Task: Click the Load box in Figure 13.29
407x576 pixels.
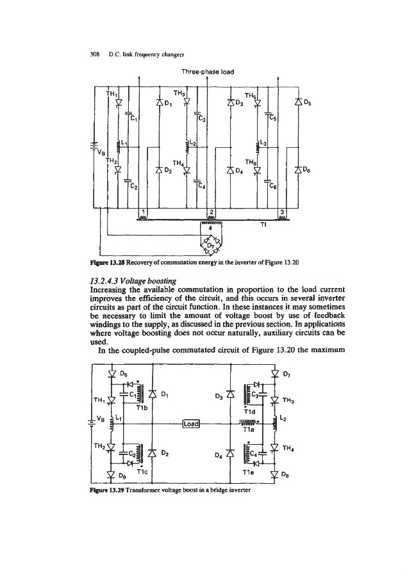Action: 192,423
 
